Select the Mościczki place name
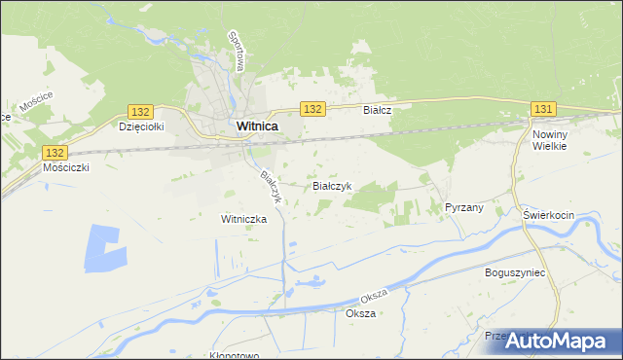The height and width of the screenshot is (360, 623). point(66,167)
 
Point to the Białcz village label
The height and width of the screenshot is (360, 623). point(377,111)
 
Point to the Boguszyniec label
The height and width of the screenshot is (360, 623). point(515,272)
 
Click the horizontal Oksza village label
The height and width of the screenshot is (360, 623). point(360,313)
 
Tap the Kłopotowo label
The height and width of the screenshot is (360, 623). point(234,355)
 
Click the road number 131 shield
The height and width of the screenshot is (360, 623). point(543,109)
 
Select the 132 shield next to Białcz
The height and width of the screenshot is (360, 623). point(311,109)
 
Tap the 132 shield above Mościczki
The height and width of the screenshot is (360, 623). point(55,153)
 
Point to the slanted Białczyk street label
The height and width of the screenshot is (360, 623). point(270,186)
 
